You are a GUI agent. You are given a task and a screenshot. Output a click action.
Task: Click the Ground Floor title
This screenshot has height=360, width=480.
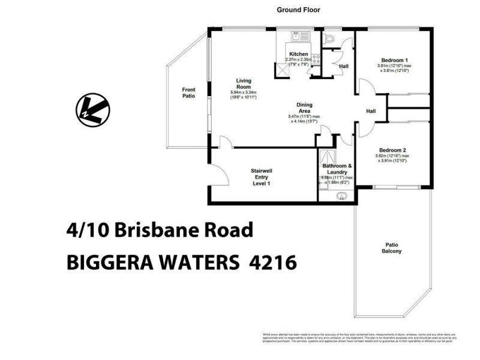[x=298, y=10]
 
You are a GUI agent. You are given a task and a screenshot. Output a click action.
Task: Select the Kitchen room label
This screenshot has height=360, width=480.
[x=298, y=54]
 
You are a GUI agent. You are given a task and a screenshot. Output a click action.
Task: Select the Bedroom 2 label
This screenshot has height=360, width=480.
[x=393, y=150]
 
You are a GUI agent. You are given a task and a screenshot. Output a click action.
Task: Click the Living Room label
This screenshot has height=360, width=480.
[x=243, y=83]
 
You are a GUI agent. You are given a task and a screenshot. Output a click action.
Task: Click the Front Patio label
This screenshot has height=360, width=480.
[x=189, y=93]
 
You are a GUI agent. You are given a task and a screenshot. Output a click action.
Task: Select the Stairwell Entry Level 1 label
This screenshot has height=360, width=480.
[x=261, y=177]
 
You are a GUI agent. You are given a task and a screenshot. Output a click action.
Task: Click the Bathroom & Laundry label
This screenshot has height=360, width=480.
[x=337, y=169]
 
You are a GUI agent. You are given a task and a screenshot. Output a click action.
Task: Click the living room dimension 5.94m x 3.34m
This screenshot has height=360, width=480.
[x=243, y=92]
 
